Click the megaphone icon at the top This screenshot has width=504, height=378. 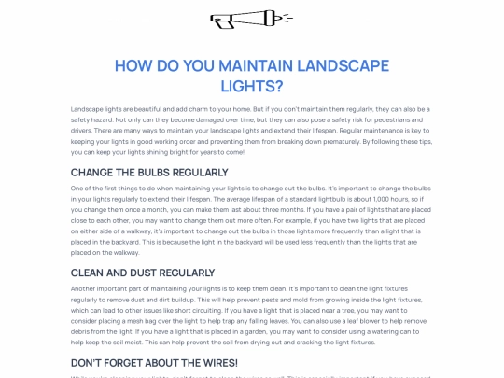251,19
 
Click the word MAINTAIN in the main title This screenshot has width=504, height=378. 256,67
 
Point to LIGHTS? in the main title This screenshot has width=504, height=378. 251,87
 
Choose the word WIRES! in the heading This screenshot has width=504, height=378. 213,362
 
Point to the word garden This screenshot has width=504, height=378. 233,331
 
